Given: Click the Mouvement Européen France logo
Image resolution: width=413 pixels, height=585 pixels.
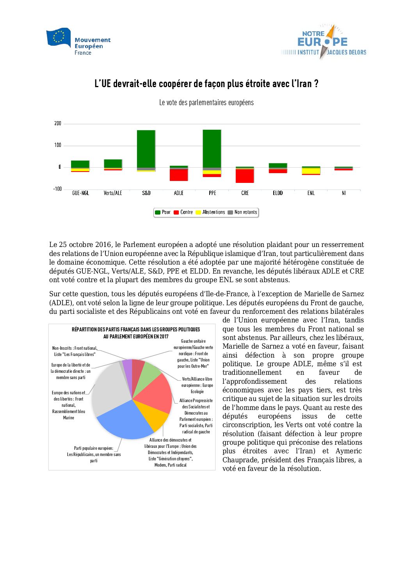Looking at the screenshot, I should point(78,41).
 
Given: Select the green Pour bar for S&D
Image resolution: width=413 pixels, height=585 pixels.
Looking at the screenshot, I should point(146,148).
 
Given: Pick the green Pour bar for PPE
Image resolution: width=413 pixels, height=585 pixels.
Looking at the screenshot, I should point(212,148).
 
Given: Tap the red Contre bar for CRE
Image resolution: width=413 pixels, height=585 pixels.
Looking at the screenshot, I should point(245,176).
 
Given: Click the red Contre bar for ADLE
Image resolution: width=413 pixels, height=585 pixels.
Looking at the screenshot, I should point(179,175).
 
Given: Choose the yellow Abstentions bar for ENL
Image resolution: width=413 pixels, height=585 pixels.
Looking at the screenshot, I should point(311,171).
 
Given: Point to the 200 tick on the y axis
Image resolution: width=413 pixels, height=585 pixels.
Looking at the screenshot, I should point(58,123).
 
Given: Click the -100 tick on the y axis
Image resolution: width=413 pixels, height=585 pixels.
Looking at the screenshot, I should point(57,189).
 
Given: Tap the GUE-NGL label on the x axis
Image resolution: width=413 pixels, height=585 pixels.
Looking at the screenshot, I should point(80,193).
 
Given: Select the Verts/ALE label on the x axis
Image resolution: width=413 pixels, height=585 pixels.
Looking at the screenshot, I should point(113,193).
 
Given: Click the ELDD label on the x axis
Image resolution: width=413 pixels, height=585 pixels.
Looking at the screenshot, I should point(278,193).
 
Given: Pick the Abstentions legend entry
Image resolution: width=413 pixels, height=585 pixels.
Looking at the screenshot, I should point(210,212).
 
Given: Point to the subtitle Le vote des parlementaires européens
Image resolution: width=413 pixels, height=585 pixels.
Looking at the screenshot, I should point(206,103).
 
